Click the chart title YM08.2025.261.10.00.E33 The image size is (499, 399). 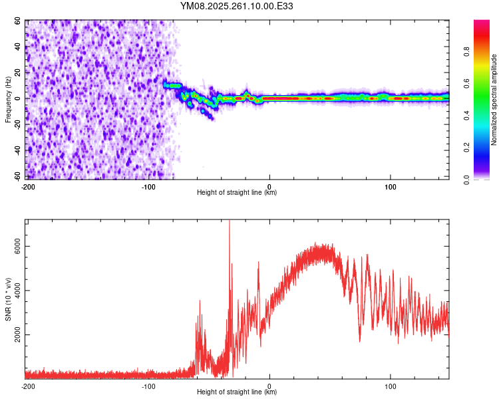(237, 6)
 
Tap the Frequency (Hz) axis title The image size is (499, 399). (8, 99)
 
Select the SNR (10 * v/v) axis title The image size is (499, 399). (8, 299)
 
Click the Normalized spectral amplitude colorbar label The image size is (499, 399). (494, 100)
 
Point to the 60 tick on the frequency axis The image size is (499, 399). (18, 21)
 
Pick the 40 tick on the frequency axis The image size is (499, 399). (18, 47)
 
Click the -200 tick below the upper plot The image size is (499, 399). (28, 186)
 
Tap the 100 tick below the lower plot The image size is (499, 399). (391, 386)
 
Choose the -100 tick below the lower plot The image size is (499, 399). (148, 386)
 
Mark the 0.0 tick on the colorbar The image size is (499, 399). (467, 179)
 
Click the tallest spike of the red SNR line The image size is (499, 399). (229, 221)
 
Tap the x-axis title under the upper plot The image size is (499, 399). (237, 193)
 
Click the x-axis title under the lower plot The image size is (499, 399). (237, 392)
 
